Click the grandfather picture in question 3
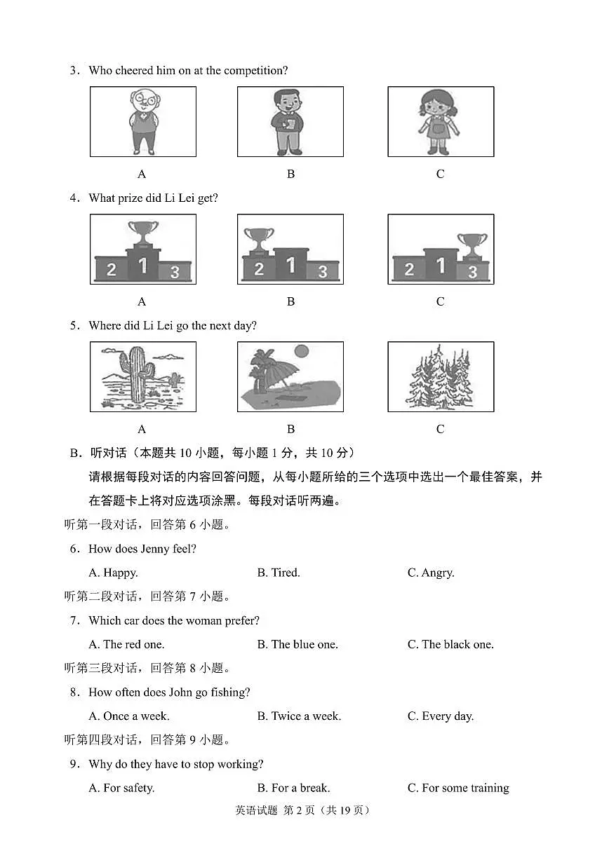click(x=143, y=121)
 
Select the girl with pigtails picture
click(x=440, y=121)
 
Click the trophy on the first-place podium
click(x=143, y=234)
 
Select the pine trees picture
click(x=440, y=377)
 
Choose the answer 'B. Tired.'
click(x=279, y=573)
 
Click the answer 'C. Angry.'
click(x=431, y=573)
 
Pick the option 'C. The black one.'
click(x=450, y=644)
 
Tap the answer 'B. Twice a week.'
click(x=299, y=716)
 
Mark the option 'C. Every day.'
click(x=441, y=716)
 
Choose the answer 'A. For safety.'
click(x=121, y=788)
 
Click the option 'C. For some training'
click(x=458, y=788)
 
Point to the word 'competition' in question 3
click(x=254, y=70)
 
